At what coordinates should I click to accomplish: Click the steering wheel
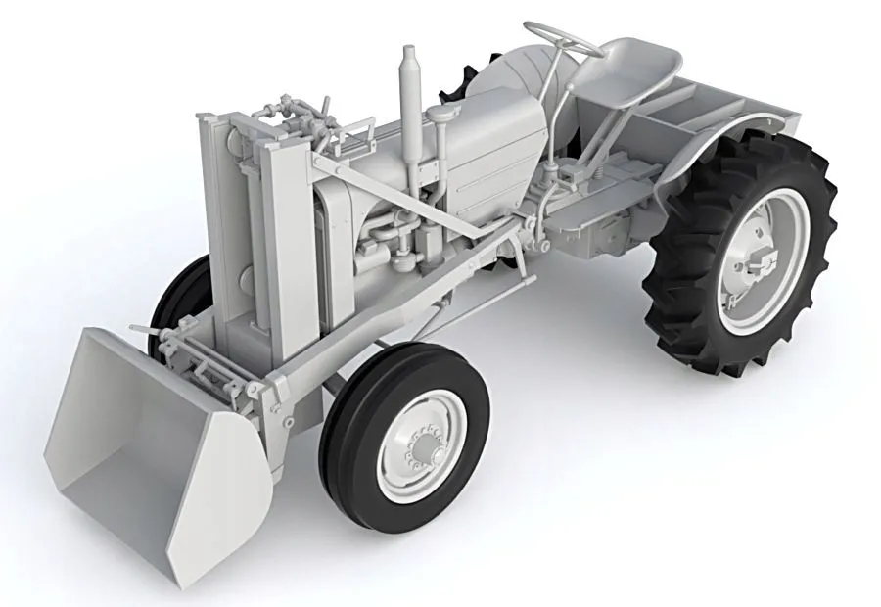coord(562,37)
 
